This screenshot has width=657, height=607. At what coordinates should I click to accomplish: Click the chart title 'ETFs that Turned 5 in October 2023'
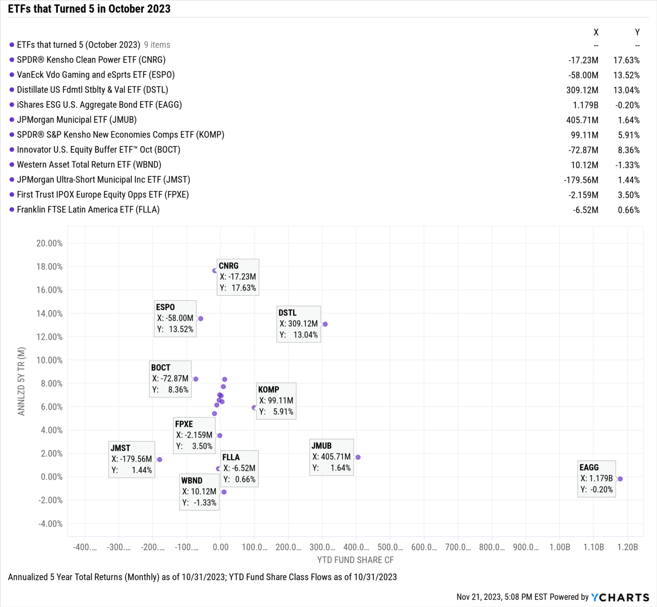(x=89, y=9)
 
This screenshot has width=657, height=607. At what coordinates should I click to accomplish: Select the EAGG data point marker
(x=620, y=479)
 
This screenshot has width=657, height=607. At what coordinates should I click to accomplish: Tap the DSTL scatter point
(x=325, y=324)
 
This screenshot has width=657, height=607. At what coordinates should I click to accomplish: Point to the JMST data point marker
(x=160, y=459)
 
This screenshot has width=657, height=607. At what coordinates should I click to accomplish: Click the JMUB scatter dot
(x=358, y=457)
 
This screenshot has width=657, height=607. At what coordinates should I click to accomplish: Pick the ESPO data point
(x=201, y=319)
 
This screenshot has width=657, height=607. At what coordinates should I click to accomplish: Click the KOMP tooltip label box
(x=276, y=401)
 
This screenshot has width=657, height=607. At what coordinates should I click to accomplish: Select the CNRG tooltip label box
(x=238, y=277)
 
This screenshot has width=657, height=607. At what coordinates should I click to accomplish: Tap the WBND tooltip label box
(x=199, y=492)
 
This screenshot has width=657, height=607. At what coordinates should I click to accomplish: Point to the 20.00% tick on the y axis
(x=49, y=243)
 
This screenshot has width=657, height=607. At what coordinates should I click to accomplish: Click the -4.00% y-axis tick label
(x=50, y=524)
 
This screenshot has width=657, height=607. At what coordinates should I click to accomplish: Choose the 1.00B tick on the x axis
(x=559, y=547)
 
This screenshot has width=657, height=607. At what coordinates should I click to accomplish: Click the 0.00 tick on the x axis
(x=220, y=547)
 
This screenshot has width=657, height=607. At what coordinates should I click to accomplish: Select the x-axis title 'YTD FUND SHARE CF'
(x=355, y=560)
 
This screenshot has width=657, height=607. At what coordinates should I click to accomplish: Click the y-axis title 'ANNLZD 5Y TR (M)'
(x=21, y=381)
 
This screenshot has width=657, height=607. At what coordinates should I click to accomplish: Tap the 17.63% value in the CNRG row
(x=626, y=60)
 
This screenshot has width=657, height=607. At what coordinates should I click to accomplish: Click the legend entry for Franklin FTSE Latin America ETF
(x=88, y=210)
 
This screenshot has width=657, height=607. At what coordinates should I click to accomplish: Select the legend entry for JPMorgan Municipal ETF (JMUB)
(x=77, y=120)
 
